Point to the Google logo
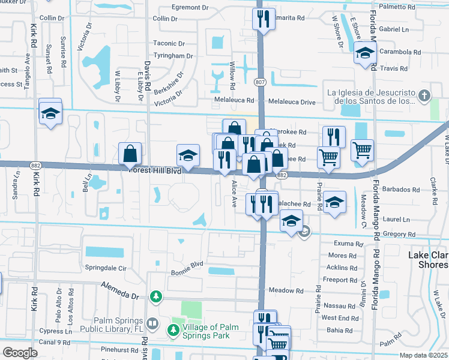coord(20,352)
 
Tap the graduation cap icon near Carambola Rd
coord(364,54)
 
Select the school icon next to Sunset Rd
coord(50,112)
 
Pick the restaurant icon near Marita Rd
coord(263,20)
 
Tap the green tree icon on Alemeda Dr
coord(155,296)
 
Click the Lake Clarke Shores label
coord(427,260)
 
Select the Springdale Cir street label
coord(107,268)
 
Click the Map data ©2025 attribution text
coord(423,355)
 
